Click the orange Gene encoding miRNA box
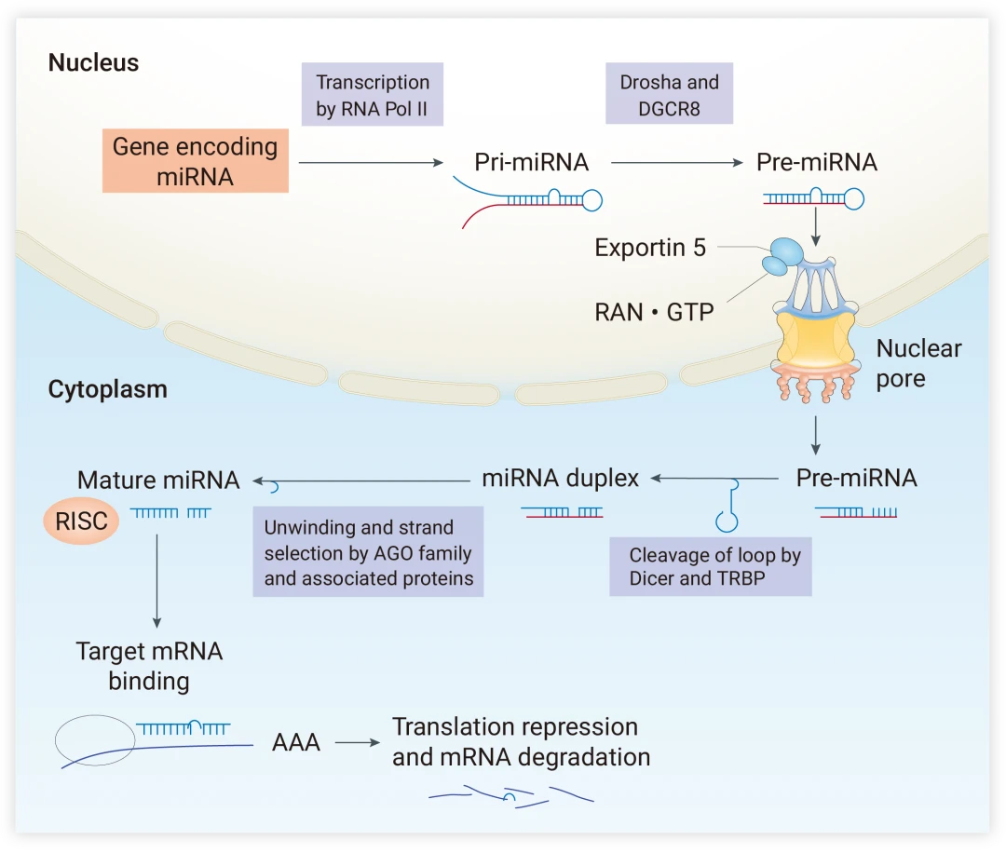coord(196,161)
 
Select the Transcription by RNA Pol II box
coord(372,95)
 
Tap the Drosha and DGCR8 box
coord(669,95)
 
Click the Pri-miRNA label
coord(531,162)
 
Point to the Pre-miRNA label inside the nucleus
coord(816,162)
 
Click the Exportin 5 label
coord(650,248)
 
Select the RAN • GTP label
coord(654,312)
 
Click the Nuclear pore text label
coord(918,363)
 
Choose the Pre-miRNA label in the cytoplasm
coord(856,479)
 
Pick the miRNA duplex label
coord(560,479)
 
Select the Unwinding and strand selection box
coord(368,552)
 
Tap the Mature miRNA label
coord(158,481)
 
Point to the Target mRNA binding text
coord(149,666)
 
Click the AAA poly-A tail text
coord(296,743)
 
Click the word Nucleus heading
coord(93,63)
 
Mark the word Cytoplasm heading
coord(107,389)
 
